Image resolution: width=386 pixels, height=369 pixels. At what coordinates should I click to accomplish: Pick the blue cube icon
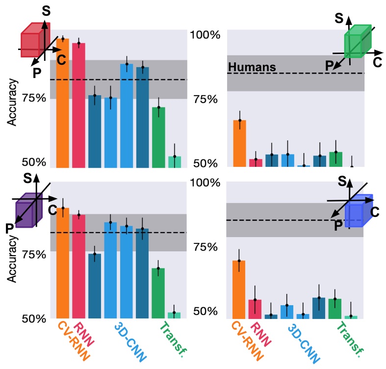click(358, 211)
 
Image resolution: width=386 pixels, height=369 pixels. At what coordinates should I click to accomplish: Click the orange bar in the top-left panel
click(62, 103)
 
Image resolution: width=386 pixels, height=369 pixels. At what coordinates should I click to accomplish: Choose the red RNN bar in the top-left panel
click(78, 105)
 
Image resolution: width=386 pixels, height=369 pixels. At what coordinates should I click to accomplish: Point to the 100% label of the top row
click(204, 35)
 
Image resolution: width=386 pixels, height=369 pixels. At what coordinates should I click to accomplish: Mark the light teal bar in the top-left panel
click(174, 162)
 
